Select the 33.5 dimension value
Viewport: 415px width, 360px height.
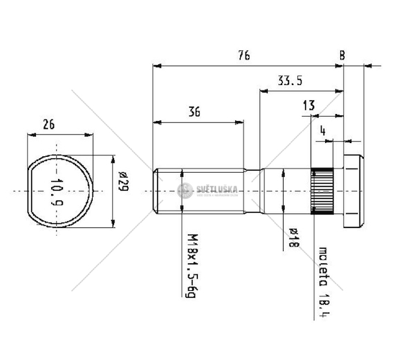click(290, 81)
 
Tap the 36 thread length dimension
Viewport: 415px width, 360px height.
click(194, 111)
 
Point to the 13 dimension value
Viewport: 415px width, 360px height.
click(309, 106)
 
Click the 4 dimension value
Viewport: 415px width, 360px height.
click(323, 129)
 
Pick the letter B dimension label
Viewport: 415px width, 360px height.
click(343, 55)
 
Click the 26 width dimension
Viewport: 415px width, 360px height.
click(48, 125)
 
